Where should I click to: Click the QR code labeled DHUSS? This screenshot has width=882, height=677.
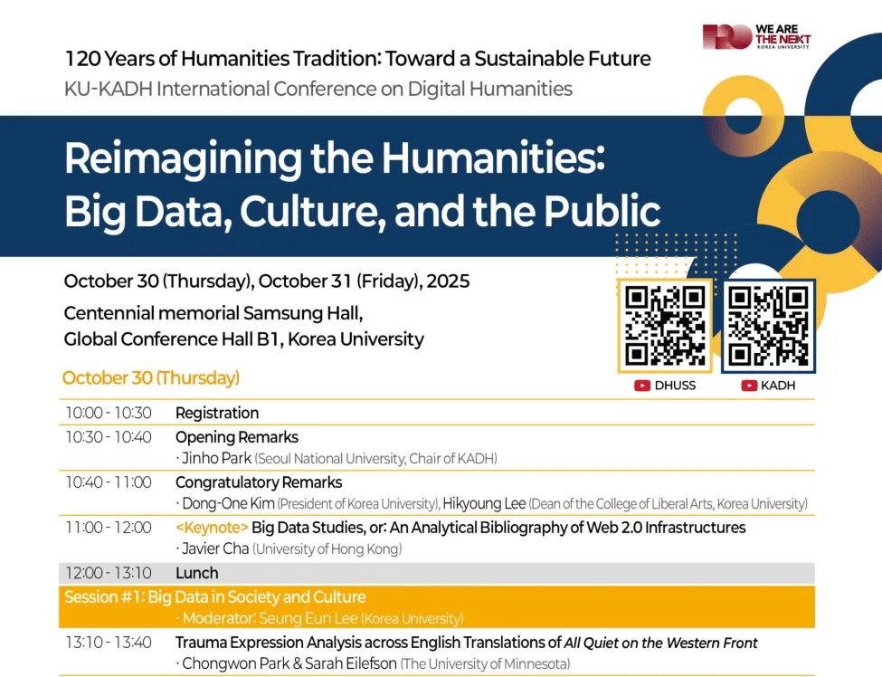click(665, 326)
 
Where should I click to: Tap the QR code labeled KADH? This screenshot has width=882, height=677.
click(768, 326)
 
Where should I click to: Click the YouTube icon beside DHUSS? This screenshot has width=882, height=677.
click(641, 386)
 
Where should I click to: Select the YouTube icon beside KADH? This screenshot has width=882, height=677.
click(749, 386)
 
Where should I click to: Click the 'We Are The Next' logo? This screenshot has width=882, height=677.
click(756, 36)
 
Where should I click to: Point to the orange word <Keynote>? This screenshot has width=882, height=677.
click(212, 528)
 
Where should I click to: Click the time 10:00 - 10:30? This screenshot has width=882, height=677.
click(109, 413)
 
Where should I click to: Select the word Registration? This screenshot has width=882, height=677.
click(217, 413)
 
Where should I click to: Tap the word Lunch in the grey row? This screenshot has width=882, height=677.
click(197, 573)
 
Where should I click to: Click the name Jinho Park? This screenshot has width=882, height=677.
click(216, 458)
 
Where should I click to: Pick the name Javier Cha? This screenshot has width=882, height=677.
click(215, 548)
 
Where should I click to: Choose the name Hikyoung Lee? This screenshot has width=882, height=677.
click(484, 503)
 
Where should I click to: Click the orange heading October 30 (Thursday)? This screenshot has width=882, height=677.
click(151, 377)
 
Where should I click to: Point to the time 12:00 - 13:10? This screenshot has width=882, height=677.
click(109, 573)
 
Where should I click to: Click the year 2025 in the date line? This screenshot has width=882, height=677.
click(448, 281)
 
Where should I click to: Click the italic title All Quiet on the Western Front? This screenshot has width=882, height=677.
click(660, 643)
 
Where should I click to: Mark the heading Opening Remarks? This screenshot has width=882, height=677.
click(237, 437)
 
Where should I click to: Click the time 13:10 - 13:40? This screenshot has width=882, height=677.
click(109, 643)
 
